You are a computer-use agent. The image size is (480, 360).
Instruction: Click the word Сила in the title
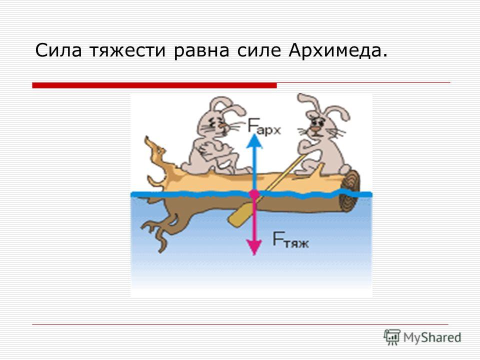tap(58, 50)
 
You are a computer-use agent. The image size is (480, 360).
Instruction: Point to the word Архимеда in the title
tap(335, 51)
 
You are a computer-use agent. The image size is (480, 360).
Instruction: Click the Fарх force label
tap(264, 126)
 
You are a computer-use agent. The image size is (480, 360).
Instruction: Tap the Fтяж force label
tap(290, 239)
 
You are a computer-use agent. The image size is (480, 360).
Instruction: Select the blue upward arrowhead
tap(254, 141)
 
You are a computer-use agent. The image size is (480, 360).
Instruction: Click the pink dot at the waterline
tap(254, 194)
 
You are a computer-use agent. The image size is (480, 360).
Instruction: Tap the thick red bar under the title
tap(154, 85)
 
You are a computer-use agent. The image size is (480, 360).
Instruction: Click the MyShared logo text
tap(432, 337)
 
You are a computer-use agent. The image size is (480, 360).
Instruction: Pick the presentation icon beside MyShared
tap(392, 337)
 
